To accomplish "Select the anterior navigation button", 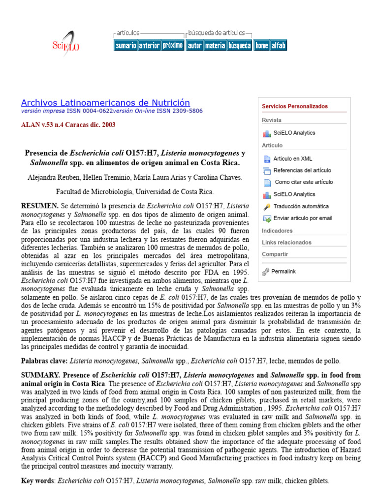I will pos(149,46).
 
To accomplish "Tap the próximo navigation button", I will pos(173,46).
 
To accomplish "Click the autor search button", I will pos(195,46).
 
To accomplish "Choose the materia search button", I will pos(215,46).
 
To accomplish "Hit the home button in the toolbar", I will pos(261,46).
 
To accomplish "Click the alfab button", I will pos(278,46).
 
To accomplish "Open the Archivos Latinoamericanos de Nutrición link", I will pos(105,103).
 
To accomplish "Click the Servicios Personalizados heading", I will pos(295,106).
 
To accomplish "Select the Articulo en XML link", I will pos(292,159).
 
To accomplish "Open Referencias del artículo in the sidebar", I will pos(302,170).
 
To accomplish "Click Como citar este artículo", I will pos(304,182).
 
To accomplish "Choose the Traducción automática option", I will pos(301,207).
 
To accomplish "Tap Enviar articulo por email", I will pos(303,218).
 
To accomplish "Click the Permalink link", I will pos(283,271).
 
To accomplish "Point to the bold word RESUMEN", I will pos(40,206).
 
